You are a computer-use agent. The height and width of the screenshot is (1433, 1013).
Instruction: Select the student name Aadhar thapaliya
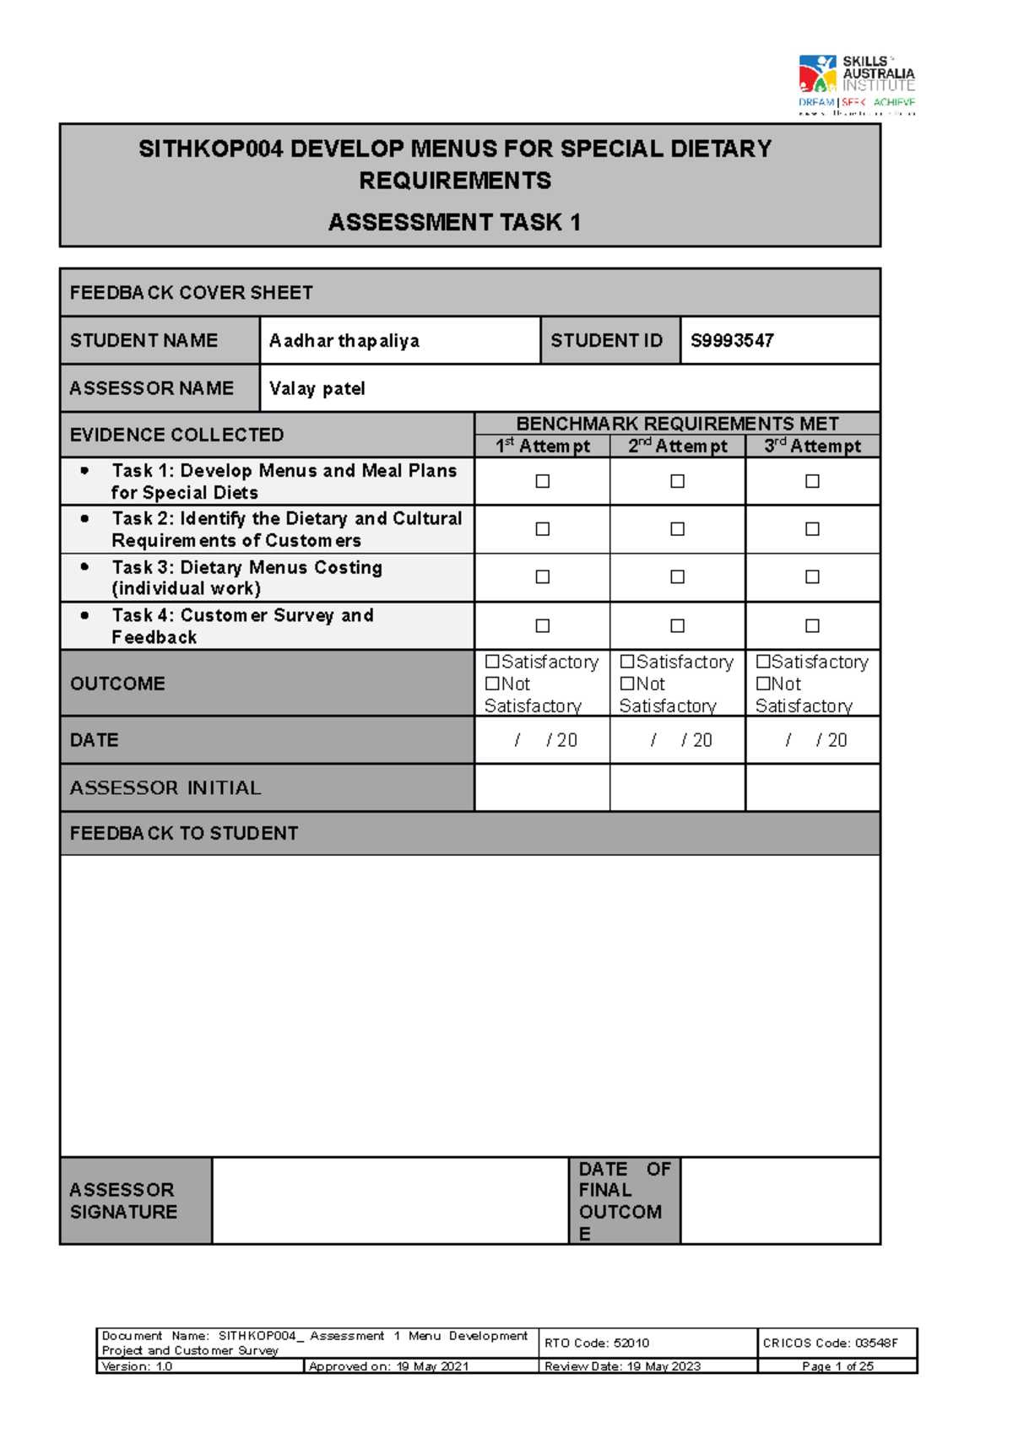pyautogui.click(x=344, y=341)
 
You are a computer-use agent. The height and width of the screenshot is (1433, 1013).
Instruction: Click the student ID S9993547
pyautogui.click(x=732, y=341)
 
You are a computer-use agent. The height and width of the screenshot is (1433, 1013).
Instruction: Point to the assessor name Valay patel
pyautogui.click(x=317, y=389)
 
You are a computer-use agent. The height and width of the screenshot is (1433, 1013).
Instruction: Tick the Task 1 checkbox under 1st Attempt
pyautogui.click(x=543, y=481)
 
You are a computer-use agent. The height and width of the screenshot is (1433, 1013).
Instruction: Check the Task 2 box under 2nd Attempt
pyautogui.click(x=677, y=529)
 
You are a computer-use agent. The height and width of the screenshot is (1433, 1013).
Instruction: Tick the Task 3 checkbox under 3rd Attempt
pyautogui.click(x=812, y=577)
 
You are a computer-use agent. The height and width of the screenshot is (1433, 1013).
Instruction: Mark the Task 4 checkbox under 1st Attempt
pyautogui.click(x=543, y=626)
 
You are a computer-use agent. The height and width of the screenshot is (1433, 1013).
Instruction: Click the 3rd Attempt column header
pyautogui.click(x=812, y=446)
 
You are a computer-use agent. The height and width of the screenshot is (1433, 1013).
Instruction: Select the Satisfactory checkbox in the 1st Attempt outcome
pyautogui.click(x=492, y=662)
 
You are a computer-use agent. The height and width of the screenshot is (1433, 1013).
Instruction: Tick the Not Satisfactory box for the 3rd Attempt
pyautogui.click(x=763, y=684)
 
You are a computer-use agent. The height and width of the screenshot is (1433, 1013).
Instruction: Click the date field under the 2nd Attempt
pyautogui.click(x=678, y=740)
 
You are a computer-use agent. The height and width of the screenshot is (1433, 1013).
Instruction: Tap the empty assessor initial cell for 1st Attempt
pyautogui.click(x=543, y=787)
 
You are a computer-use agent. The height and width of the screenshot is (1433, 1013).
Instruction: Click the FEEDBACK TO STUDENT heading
pyautogui.click(x=184, y=834)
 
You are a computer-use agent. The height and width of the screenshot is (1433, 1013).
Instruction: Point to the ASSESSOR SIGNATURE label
pyautogui.click(x=123, y=1201)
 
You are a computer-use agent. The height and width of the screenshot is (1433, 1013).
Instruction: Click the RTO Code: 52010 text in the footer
pyautogui.click(x=597, y=1343)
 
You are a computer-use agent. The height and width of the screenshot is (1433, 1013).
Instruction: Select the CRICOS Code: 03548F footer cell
pyautogui.click(x=830, y=1343)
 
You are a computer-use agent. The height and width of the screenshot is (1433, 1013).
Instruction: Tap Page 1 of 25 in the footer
pyautogui.click(x=837, y=1366)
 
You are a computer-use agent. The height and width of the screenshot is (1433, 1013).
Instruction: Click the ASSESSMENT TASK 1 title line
pyautogui.click(x=454, y=223)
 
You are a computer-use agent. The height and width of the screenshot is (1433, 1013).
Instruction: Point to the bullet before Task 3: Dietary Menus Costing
pyautogui.click(x=84, y=567)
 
